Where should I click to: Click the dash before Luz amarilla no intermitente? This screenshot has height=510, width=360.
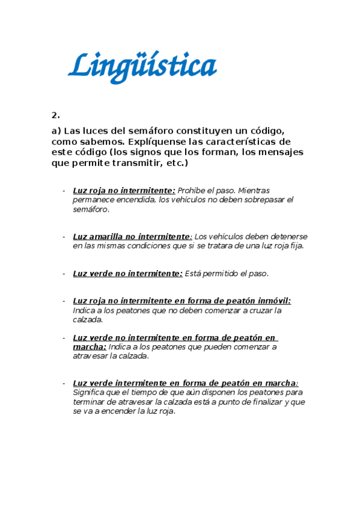click(x=64, y=236)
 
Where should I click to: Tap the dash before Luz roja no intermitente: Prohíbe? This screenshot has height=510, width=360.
click(x=64, y=191)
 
